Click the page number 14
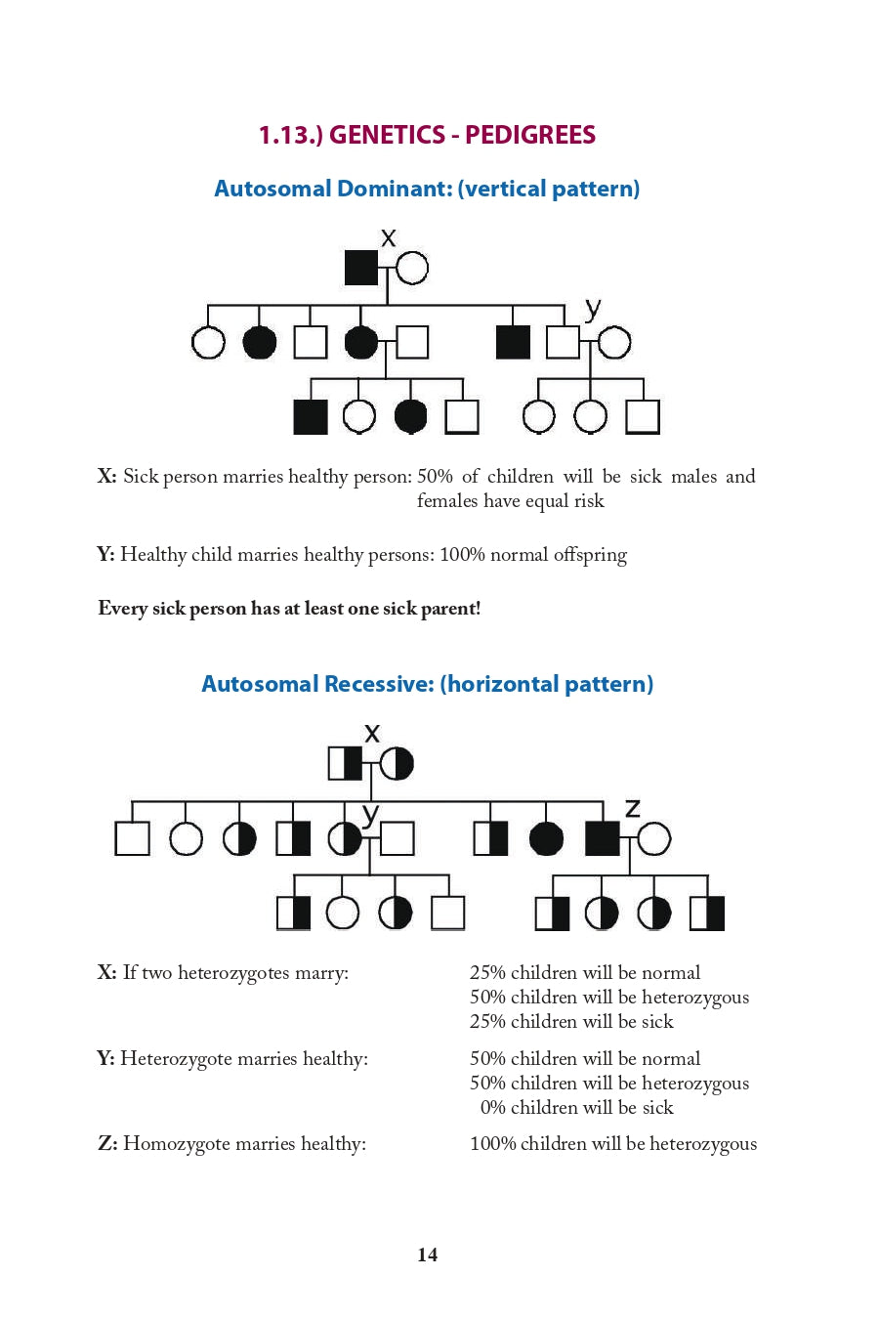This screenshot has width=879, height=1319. click(x=427, y=1255)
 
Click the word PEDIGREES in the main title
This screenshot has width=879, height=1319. click(x=529, y=135)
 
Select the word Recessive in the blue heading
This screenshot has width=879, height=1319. click(x=379, y=684)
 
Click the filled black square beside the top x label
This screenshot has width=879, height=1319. click(x=361, y=268)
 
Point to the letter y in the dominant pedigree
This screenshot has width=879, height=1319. click(x=592, y=310)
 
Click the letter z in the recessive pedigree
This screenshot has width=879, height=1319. click(x=632, y=808)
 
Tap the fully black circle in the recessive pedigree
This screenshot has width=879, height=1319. click(x=546, y=838)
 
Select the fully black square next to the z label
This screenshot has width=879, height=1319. click(x=602, y=838)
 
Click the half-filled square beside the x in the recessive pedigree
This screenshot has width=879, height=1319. click(x=345, y=763)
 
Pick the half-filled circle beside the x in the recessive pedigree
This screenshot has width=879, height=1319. click(x=397, y=763)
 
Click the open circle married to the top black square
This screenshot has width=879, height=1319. click(x=412, y=268)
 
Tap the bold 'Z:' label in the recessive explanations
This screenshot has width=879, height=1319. click(x=107, y=1144)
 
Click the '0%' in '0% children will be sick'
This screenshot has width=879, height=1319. click(x=493, y=1108)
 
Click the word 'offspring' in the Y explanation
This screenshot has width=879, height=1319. click(x=590, y=555)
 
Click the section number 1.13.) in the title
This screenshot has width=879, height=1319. click(x=290, y=135)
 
